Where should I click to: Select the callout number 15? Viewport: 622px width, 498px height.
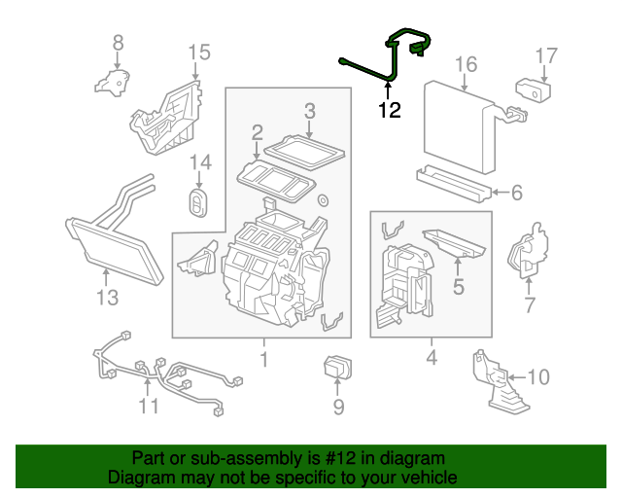(x=198, y=52)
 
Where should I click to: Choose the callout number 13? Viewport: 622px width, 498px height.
(x=107, y=296)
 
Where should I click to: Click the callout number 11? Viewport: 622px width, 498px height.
(x=148, y=405)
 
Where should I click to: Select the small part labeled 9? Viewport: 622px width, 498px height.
(x=337, y=370)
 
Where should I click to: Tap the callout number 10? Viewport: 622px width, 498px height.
(x=537, y=375)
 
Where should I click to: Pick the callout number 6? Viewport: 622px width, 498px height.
(x=516, y=193)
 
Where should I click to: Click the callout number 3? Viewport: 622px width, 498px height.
(x=309, y=111)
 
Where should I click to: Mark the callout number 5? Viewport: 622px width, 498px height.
(x=457, y=287)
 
